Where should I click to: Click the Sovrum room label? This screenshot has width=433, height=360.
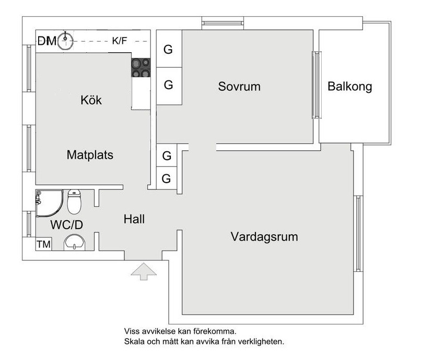[239, 87]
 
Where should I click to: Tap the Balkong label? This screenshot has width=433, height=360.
[349, 87]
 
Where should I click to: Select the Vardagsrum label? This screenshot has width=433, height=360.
[264, 237]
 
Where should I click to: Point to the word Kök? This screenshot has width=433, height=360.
[91, 100]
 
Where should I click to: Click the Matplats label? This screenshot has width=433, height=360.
[90, 155]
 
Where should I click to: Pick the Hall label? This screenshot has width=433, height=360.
[134, 220]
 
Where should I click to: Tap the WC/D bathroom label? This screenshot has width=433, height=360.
[67, 225]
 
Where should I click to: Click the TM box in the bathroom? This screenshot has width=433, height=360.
[43, 244]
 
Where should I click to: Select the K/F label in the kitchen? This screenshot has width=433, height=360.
[120, 41]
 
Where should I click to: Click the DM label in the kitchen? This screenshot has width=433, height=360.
[47, 41]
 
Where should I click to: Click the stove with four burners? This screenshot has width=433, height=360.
[141, 68]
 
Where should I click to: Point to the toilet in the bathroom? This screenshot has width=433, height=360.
[75, 202]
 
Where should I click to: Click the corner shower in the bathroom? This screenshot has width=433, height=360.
[48, 204]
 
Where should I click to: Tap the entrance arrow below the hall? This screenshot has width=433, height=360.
[143, 272]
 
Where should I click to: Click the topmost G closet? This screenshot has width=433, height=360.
[168, 50]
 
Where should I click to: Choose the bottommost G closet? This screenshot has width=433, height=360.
[167, 178]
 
